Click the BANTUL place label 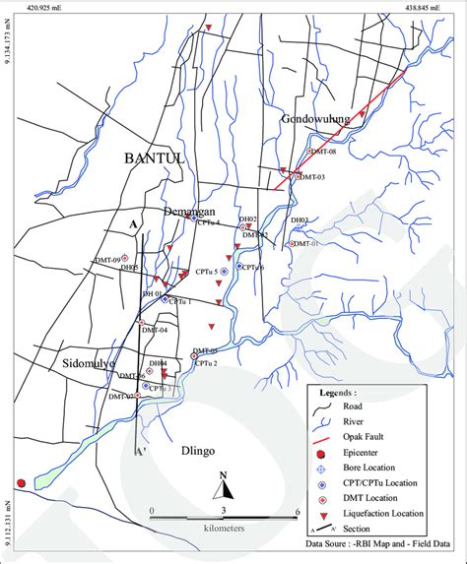pos(156,158)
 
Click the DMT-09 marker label pos(106,259)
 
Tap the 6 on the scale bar pos(298,512)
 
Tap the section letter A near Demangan pos(131,225)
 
